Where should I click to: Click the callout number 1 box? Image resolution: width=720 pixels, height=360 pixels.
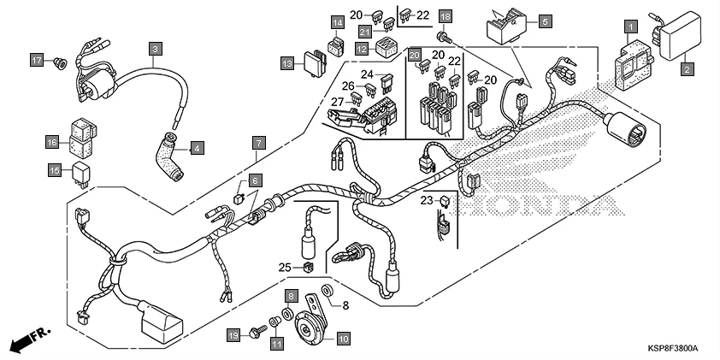[630, 26]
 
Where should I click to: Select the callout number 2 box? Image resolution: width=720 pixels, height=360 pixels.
[686, 68]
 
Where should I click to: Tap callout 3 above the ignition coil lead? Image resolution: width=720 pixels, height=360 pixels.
[155, 49]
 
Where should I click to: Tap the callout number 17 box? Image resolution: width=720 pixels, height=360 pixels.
[37, 61]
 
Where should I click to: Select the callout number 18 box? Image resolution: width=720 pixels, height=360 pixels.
[444, 17]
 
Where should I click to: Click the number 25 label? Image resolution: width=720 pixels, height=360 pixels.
[286, 268]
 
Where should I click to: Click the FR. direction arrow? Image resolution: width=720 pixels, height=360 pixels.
[31, 339]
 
